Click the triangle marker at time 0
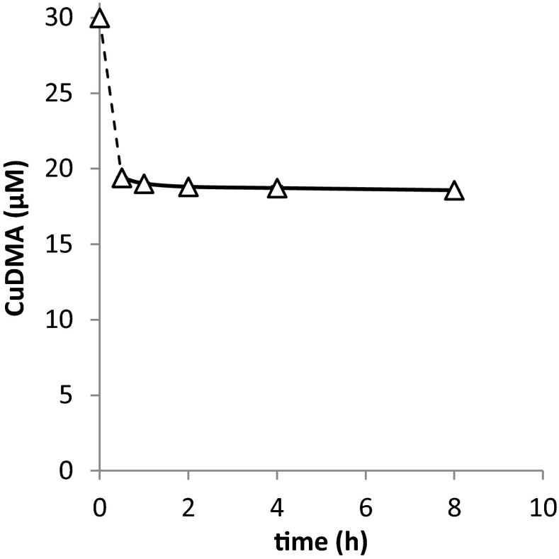tap(100, 19)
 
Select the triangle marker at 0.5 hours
tap(122, 179)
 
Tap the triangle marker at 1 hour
tap(144, 184)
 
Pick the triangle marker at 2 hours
tap(188, 188)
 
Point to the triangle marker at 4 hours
tap(277, 189)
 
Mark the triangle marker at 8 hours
tap(454, 191)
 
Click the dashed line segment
tap(111, 99)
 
